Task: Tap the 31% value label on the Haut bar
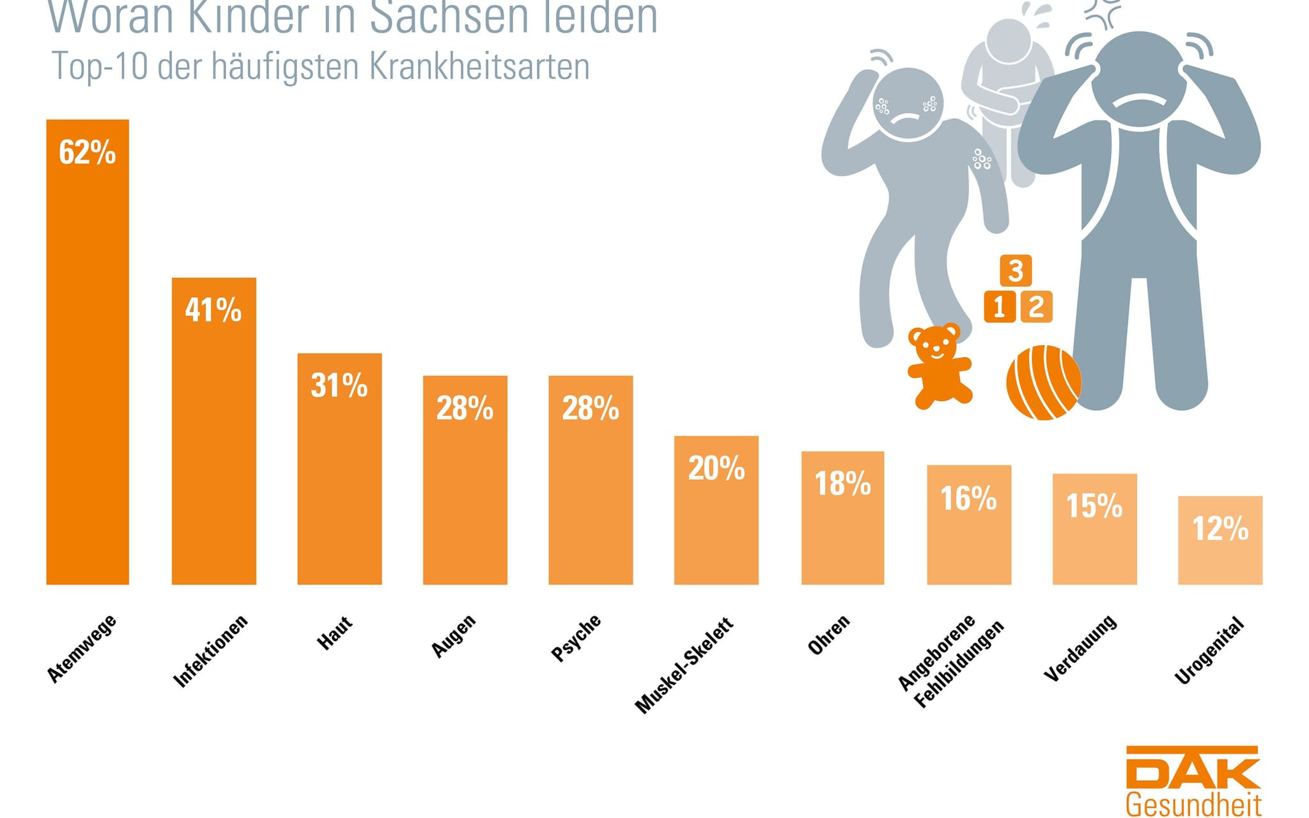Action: [x=339, y=386]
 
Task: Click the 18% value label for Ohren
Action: [x=842, y=484]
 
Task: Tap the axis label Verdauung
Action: [x=1080, y=648]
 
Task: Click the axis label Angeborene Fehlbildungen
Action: [x=950, y=661]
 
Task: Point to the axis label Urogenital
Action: [x=1210, y=651]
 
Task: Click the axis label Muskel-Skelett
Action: [x=684, y=665]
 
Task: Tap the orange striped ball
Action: [x=1043, y=382]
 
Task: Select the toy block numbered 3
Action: [x=1016, y=270]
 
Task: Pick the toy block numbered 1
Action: [x=1000, y=307]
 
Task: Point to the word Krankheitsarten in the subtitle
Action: [x=479, y=66]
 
